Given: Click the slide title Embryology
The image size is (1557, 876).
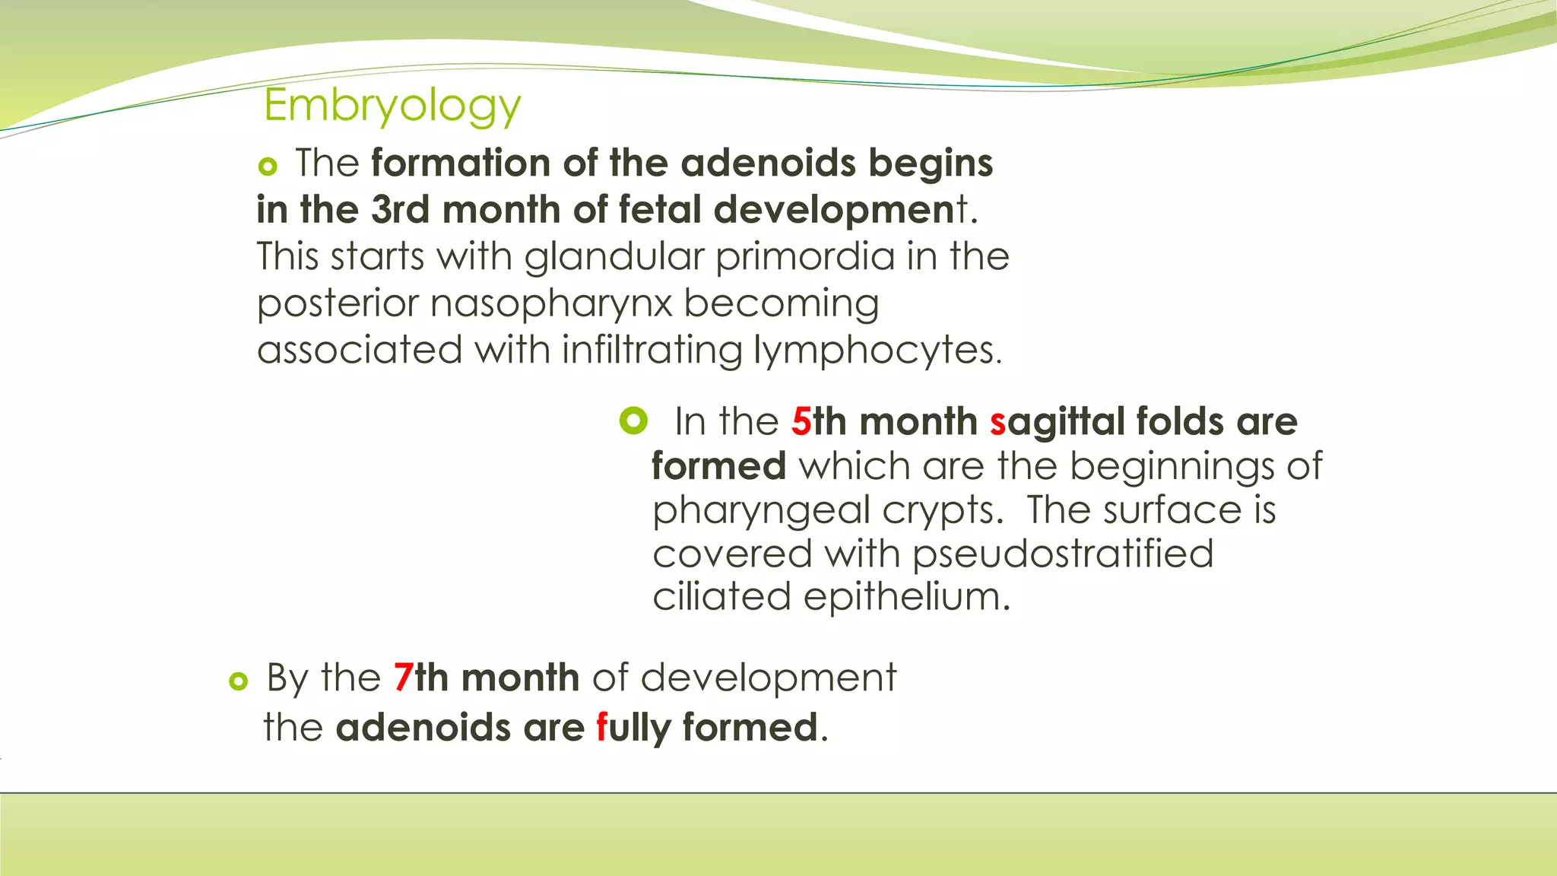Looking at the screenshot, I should [392, 106].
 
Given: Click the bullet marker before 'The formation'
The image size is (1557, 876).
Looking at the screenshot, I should [267, 166].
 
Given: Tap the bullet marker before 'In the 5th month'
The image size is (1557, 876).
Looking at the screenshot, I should [633, 421].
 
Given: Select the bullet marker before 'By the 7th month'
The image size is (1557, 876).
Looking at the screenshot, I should [238, 681].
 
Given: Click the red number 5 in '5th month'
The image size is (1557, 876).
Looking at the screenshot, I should [801, 422].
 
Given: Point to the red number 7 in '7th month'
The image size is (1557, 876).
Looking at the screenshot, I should [403, 678].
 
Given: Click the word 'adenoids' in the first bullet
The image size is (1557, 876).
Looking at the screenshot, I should [768, 163].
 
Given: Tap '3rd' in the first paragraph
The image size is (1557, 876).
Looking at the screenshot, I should [400, 210].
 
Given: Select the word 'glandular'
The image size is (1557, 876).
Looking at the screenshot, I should [614, 257].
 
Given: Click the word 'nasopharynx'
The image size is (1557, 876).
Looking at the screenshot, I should [551, 304].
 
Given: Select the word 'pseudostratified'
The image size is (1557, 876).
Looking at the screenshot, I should [1062, 554].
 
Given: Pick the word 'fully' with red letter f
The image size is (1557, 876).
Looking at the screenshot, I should [633, 728].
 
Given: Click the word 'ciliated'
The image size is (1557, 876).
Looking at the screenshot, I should [721, 597].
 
